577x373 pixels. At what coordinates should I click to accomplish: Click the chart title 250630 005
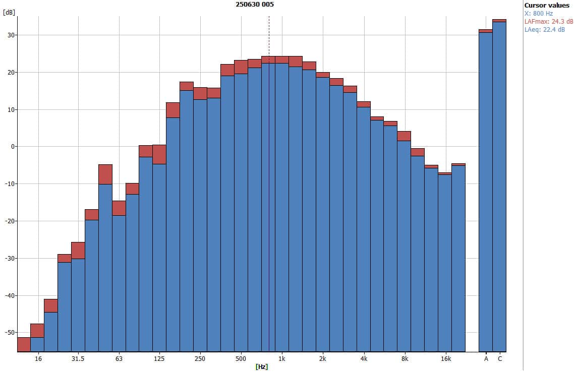(255, 5)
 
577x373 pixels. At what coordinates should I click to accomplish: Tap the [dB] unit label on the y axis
(9, 13)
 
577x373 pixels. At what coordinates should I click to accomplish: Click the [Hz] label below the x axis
(262, 366)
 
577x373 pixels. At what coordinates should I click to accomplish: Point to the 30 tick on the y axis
(10, 35)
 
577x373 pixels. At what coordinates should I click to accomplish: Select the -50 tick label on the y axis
(9, 333)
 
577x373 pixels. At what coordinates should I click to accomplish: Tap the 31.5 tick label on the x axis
(78, 359)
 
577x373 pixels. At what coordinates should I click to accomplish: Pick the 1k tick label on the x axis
(282, 359)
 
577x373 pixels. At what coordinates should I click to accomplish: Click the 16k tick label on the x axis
(445, 359)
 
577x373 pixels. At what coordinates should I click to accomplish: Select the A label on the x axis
(486, 359)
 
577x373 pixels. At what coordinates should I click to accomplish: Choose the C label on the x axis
(500, 359)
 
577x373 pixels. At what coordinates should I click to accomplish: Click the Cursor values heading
(547, 6)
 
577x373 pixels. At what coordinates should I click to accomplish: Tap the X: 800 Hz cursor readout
(539, 14)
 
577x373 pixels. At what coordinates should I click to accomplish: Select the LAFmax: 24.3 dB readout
(549, 22)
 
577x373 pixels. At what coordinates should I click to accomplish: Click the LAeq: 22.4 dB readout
(545, 30)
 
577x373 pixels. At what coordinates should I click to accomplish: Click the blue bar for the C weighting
(499, 186)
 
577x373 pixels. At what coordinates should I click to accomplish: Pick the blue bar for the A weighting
(485, 192)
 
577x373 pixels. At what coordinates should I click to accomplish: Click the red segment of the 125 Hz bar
(159, 154)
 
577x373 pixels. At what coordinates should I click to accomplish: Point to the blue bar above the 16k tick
(445, 263)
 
